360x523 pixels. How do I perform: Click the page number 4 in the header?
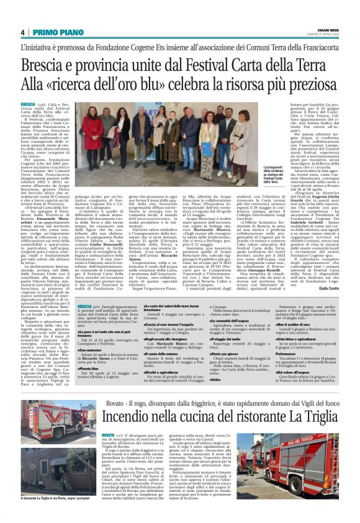22,32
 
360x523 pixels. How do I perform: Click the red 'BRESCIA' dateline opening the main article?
27,104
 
